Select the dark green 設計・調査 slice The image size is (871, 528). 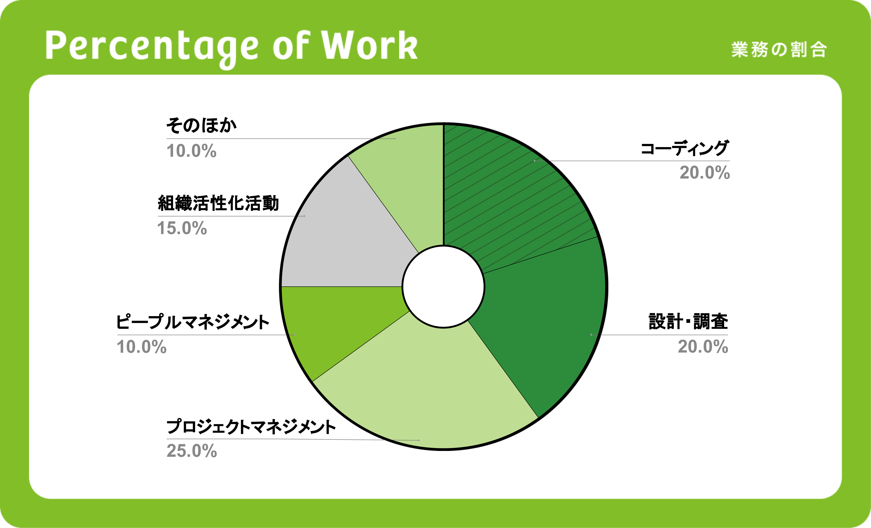551,325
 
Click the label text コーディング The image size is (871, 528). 685,148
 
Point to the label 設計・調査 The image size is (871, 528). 688,321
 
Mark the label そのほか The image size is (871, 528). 201,125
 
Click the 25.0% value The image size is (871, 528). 192,451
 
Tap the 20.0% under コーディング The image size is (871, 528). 705,173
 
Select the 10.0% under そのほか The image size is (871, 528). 191,151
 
